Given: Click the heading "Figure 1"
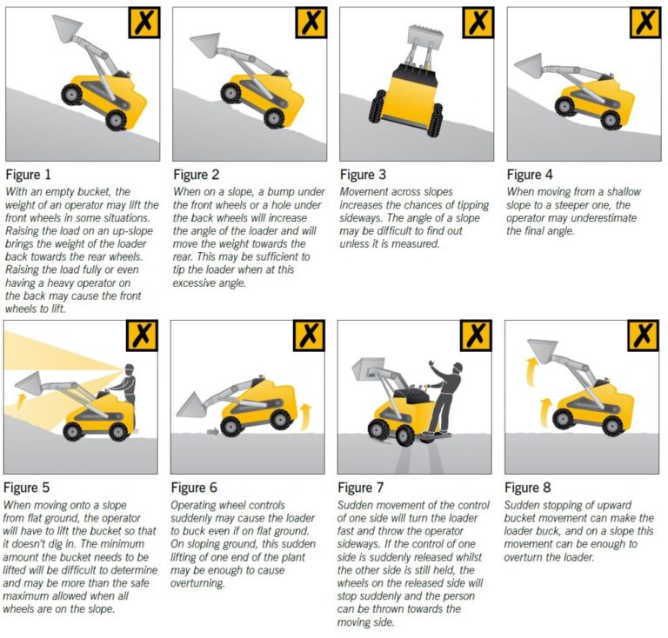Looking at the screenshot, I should coord(30,175).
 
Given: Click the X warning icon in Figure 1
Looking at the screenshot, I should coord(144,23).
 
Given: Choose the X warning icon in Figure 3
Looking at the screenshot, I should coord(478,23).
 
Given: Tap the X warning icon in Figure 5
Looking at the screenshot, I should coord(144,336).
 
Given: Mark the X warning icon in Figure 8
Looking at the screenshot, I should coord(644,336).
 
